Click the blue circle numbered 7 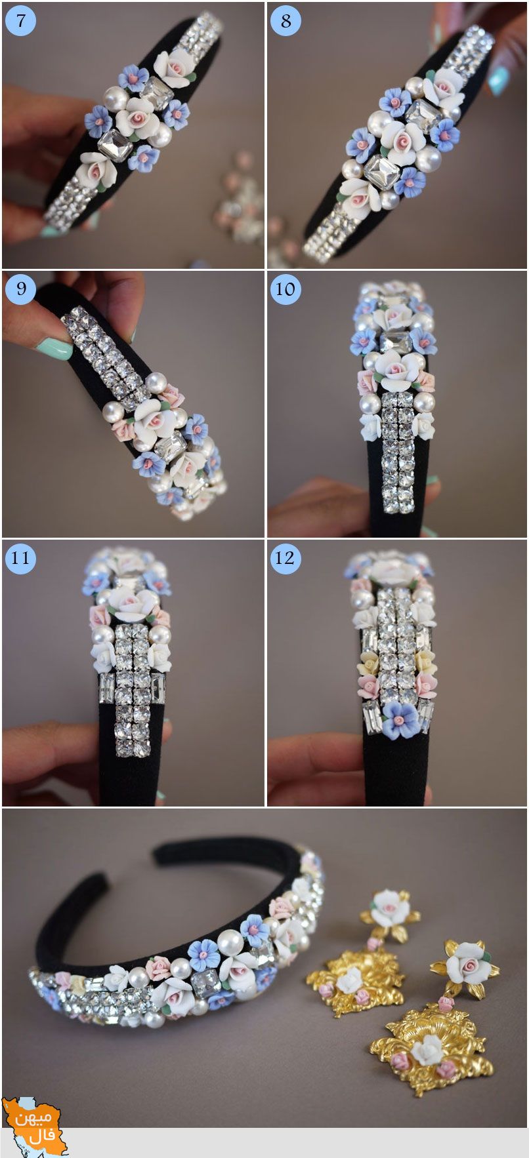(20, 20)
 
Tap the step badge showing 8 (286, 20)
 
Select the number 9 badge (20, 289)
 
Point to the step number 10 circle (286, 289)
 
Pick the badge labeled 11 (20, 558)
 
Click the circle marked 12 (286, 558)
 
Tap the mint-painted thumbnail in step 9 (54, 348)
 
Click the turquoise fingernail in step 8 (497, 80)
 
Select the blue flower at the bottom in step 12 (400, 719)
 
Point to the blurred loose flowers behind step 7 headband (236, 197)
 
